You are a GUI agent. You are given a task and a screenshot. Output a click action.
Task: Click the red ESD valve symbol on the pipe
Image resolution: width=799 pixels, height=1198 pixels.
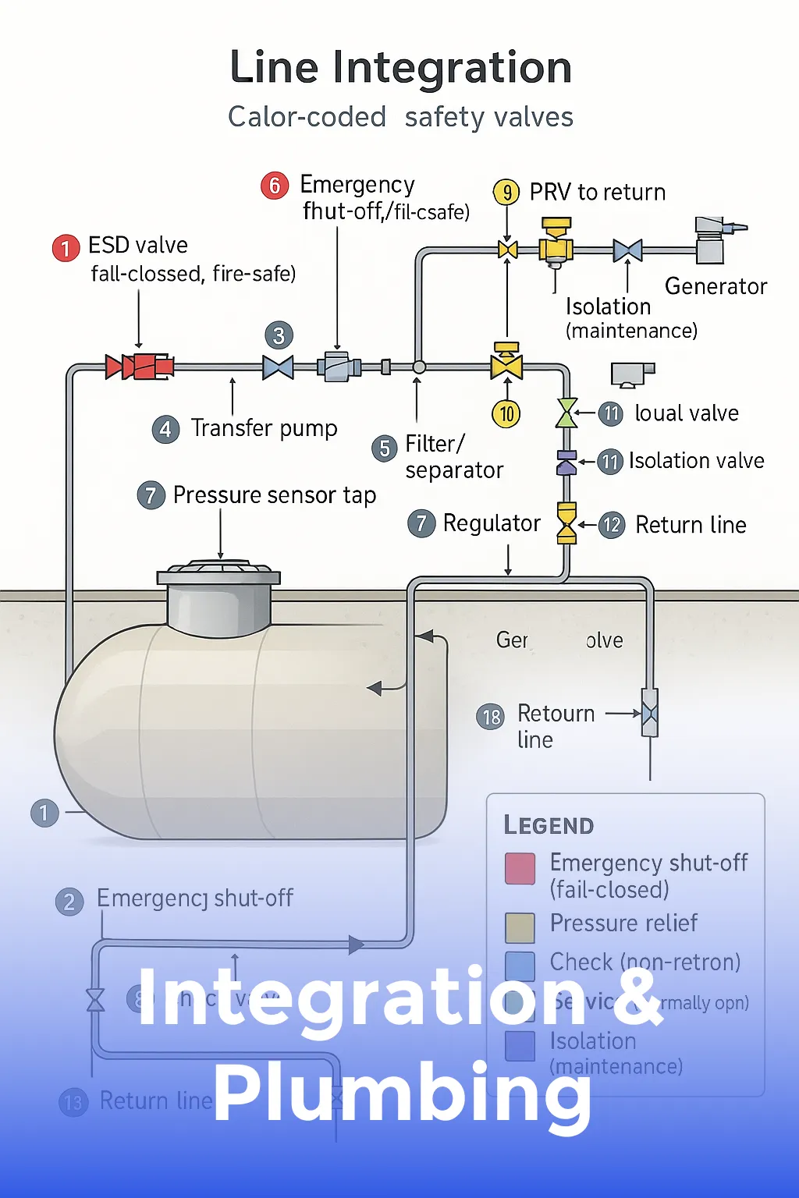pyautogui.click(x=140, y=366)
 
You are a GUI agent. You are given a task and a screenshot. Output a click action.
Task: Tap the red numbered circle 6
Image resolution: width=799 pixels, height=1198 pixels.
pyautogui.click(x=275, y=186)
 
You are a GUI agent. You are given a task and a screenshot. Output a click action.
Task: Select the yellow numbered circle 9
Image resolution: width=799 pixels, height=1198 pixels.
pyautogui.click(x=506, y=192)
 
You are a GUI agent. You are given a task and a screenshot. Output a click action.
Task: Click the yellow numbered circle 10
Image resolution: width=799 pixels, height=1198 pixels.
pyautogui.click(x=506, y=413)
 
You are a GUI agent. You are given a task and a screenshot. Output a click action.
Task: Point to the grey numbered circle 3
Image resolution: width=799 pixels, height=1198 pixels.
pyautogui.click(x=279, y=335)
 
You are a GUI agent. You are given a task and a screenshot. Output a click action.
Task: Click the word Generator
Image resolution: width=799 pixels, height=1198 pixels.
pyautogui.click(x=716, y=286)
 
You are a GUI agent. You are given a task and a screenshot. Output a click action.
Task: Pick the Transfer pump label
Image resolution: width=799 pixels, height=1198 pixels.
pyautogui.click(x=264, y=428)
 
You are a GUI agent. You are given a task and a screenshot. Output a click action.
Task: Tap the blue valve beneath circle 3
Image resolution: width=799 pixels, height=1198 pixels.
pyautogui.click(x=278, y=367)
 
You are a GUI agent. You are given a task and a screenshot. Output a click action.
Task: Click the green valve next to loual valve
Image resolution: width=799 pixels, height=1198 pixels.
pyautogui.click(x=566, y=413)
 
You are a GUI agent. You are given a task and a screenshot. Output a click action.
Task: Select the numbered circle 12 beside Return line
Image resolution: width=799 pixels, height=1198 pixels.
pyautogui.click(x=612, y=525)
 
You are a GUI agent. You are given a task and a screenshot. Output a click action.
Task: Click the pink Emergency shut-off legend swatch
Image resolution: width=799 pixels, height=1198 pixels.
pyautogui.click(x=520, y=868)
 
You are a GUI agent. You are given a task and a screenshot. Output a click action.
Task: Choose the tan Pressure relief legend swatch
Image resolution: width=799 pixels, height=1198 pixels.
pyautogui.click(x=520, y=927)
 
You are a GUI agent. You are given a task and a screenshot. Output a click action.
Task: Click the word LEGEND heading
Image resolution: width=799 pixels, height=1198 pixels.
pyautogui.click(x=549, y=825)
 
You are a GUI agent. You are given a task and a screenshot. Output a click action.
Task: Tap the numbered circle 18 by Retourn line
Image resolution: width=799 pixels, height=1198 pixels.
pyautogui.click(x=491, y=717)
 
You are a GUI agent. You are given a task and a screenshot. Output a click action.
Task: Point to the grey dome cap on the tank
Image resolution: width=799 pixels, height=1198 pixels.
pyautogui.click(x=219, y=601)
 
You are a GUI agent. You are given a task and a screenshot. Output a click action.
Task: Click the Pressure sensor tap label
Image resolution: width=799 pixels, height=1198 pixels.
pyautogui.click(x=274, y=495)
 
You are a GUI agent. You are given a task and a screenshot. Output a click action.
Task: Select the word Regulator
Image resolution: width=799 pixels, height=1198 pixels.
pyautogui.click(x=492, y=523)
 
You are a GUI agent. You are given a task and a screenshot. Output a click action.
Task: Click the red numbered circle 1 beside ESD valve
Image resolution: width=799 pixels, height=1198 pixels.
pyautogui.click(x=66, y=248)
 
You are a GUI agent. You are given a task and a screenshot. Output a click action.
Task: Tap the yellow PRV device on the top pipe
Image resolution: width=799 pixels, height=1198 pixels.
pyautogui.click(x=556, y=243)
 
